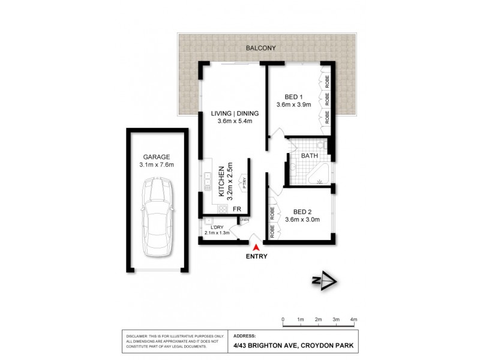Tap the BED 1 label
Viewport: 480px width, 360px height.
[293, 97]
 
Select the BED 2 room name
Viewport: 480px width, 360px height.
[302, 211]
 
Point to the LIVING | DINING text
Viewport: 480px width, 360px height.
[234, 113]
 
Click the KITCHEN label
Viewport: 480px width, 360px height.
[221, 181]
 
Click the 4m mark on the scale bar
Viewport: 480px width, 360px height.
[354, 319]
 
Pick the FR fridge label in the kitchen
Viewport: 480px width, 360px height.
[237, 209]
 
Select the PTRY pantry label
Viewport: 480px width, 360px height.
[245, 181]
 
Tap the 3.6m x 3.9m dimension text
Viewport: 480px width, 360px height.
[293, 105]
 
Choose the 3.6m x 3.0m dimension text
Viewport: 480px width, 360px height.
[302, 220]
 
